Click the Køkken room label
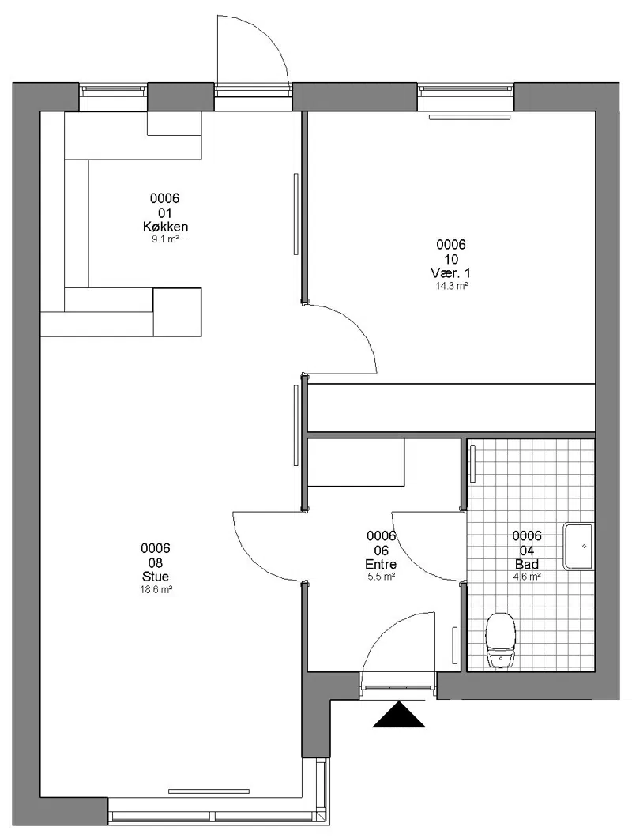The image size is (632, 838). tap(165, 227)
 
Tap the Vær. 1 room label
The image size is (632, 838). tap(451, 273)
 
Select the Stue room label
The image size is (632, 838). tap(156, 577)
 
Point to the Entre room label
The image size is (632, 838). tap(381, 564)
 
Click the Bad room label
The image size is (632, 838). tap(527, 564)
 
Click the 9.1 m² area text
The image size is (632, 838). tap(165, 239)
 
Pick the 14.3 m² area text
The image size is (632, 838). tap(452, 286)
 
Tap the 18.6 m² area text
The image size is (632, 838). tap(156, 589)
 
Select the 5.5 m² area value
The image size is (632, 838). tap(382, 577)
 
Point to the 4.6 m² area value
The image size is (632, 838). tap(527, 577)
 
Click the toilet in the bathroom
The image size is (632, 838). tap(501, 641)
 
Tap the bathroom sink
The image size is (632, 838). tap(578, 547)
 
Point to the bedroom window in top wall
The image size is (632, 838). tap(465, 91)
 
